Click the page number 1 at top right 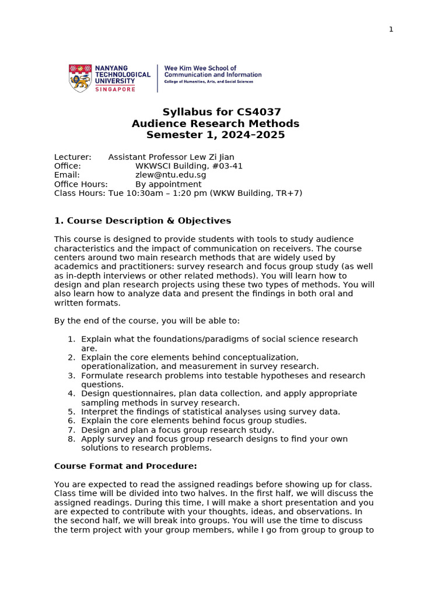pos(391,30)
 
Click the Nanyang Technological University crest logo pos(80,78)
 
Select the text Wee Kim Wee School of pos(200,68)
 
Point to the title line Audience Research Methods pos(215,124)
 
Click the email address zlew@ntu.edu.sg pos(170,175)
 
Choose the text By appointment pos(168,184)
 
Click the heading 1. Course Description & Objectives pos(142,220)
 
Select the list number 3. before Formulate pos(71,375)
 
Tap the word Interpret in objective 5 pos(99,412)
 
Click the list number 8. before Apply pos(71,439)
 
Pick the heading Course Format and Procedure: pos(125,466)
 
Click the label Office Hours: pos(80,184)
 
